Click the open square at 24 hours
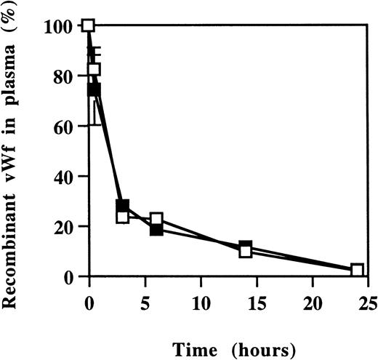pos(357,270)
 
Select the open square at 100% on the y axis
pos(89,25)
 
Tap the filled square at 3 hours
pos(123,207)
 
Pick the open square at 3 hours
pos(122,216)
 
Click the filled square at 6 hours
pos(156,229)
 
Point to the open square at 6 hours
pos(156,220)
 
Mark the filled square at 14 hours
pos(246,247)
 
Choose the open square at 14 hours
pos(246,252)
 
